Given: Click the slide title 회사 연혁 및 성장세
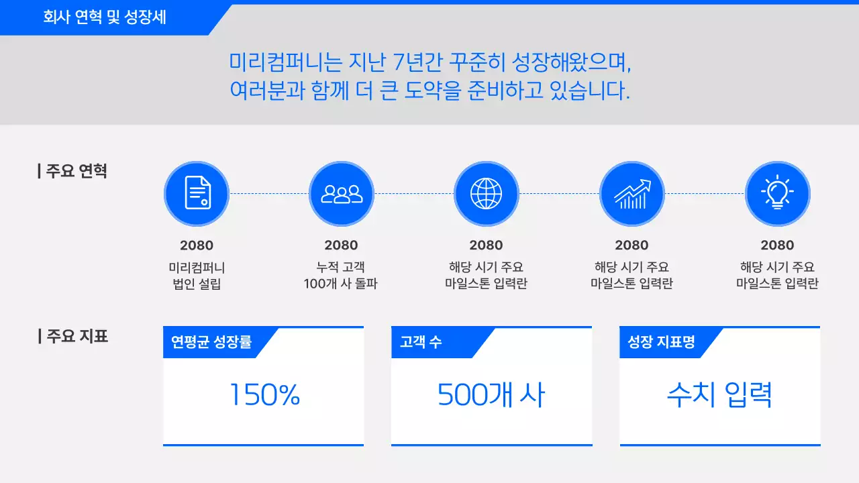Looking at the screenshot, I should coord(105,17).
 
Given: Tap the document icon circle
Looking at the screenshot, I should coord(197,194).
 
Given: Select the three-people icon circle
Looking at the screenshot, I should coord(342,194).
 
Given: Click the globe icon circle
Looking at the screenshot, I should coord(487,194).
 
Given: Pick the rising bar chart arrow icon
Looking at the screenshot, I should coord(631,194).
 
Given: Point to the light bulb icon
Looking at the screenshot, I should coord(777,194).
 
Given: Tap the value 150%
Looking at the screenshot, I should coord(264,395).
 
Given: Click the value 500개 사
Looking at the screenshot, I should coord(491,395).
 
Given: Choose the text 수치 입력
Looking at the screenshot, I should coord(719,395).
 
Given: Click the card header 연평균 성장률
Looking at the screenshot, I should coord(211,342).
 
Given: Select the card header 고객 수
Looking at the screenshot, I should coord(421,342).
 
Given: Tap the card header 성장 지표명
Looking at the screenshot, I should coord(661,342).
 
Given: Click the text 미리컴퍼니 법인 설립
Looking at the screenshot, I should coord(197,276).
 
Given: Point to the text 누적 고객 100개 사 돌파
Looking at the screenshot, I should coord(341,276).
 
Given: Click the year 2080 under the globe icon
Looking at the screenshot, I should coord(487,246).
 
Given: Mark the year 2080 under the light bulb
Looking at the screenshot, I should coord(777,246).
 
